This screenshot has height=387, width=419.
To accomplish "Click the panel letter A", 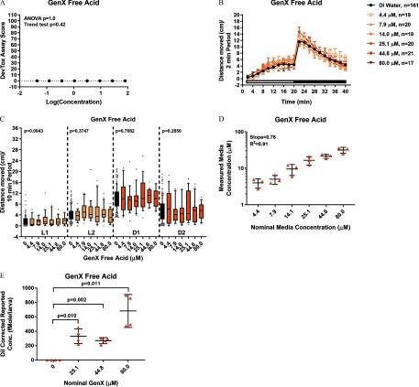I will [x=6, y=5].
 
